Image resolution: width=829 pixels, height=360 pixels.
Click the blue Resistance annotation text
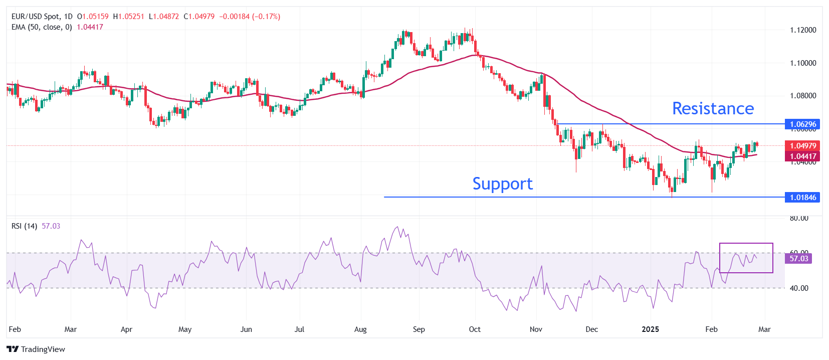(x=713, y=108)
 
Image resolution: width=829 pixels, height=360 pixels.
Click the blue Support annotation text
(x=502, y=184)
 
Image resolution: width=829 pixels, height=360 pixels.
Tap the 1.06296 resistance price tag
(x=803, y=124)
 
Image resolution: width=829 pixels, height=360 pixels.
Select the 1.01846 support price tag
(x=803, y=197)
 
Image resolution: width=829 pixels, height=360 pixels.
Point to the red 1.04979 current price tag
(x=803, y=145)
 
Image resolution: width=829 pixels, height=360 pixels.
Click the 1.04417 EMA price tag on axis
(x=803, y=156)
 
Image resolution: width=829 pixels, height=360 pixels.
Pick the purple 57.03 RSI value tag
(x=799, y=259)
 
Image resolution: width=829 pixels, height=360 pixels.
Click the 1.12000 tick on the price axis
(x=803, y=30)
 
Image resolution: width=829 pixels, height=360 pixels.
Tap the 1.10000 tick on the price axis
(x=803, y=63)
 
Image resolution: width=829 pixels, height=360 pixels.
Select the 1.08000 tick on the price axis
(x=803, y=96)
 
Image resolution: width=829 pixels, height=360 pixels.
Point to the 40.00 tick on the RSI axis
(x=799, y=288)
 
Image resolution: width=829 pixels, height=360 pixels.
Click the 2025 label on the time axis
(x=651, y=329)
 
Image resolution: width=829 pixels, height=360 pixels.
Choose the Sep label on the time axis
(x=419, y=329)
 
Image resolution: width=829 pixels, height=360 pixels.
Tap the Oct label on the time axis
(x=475, y=329)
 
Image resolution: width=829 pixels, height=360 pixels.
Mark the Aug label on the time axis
(x=360, y=329)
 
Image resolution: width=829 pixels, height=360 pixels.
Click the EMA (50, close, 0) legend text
(x=42, y=27)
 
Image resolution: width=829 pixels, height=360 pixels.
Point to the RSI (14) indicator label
(x=24, y=226)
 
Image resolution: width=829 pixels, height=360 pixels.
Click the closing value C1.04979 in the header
(x=199, y=17)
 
